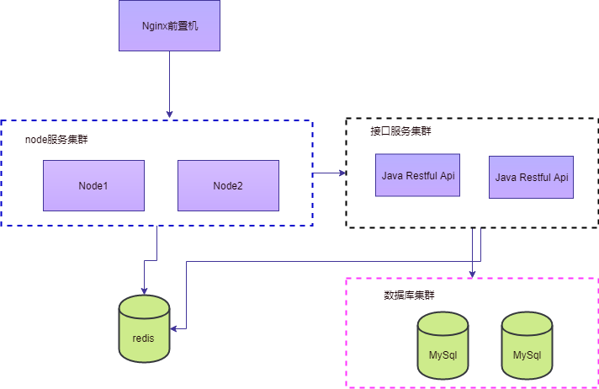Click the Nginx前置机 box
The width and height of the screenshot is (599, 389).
pos(169,25)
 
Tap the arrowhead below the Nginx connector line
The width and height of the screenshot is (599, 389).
pos(169,115)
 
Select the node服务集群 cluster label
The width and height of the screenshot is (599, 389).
pos(56,139)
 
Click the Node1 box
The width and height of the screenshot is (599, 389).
pos(93,185)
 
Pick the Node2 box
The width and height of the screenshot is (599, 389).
pos(228,185)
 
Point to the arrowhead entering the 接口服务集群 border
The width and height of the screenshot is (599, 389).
pos(342,173)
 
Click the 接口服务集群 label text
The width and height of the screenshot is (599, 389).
pos(400,131)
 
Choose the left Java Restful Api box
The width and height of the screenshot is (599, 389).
pos(417,175)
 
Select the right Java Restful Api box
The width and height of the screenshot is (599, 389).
pos(531,177)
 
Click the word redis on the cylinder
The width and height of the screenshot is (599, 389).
pos(143,338)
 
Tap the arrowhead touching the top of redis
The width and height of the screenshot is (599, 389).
pos(144,290)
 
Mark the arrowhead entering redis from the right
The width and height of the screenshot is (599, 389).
pos(174,328)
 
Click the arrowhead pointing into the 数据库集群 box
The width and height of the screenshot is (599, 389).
pos(472,274)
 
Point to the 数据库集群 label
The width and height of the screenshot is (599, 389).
pos(409,296)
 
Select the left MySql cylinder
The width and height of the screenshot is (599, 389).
pos(443,345)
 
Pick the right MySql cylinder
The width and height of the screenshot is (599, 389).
pos(527,345)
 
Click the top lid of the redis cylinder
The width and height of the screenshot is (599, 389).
pos(144,306)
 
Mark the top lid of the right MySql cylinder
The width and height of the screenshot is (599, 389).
pos(527,323)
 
